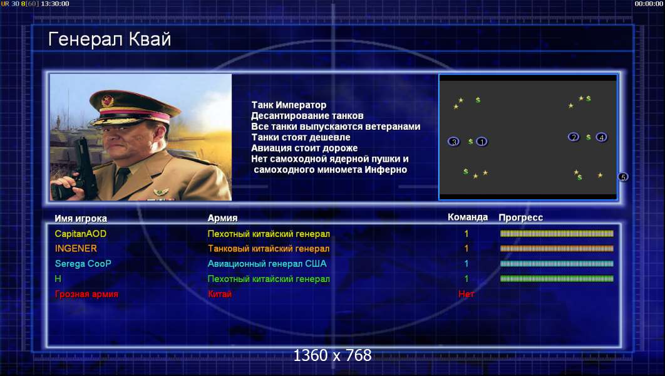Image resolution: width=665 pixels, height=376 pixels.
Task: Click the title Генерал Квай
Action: point(110,39)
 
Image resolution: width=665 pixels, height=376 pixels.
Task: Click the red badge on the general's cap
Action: point(108,100)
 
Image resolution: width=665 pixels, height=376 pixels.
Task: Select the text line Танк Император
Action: point(289,105)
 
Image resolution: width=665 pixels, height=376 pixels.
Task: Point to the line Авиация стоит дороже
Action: point(304,148)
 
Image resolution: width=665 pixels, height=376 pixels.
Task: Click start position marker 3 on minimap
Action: point(454,142)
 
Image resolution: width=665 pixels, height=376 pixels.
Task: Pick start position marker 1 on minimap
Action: point(482,142)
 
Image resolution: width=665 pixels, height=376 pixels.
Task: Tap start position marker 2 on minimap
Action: point(574,137)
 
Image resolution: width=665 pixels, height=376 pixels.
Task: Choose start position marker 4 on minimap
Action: point(601,137)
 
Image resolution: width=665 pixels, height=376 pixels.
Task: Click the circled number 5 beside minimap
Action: point(623,177)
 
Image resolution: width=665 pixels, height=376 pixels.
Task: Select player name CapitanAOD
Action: point(81,234)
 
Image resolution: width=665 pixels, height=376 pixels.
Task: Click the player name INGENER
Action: point(76,248)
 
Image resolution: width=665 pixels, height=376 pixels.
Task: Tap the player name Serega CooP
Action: point(83,264)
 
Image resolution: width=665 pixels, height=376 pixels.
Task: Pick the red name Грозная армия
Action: point(86,294)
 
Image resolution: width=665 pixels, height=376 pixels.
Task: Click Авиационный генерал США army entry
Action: point(267,264)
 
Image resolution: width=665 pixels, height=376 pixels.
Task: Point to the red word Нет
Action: point(466,294)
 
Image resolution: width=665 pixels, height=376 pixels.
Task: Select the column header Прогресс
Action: point(521,217)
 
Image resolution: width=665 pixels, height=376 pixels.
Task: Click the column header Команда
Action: point(468,217)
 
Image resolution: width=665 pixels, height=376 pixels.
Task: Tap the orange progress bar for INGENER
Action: point(557,248)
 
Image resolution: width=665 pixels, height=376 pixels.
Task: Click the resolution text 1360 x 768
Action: point(332,355)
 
